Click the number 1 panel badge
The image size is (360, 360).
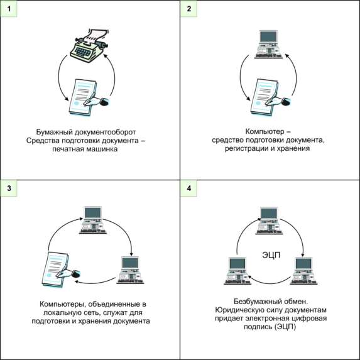coord(9,9)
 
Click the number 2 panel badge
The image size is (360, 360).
coord(188,9)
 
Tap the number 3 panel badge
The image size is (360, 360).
coord(9,188)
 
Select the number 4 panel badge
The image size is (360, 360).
coord(188,188)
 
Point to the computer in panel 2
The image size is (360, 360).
coord(269,45)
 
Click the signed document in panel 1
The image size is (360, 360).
coord(89,97)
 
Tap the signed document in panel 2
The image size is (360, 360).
coord(270,97)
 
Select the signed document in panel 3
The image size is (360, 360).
coord(61,270)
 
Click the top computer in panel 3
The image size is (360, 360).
coord(93,220)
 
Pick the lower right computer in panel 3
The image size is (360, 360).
coord(131,270)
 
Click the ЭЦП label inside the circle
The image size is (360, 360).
coord(271,255)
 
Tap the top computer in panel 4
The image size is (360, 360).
coord(270,221)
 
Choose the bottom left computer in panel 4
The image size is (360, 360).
coord(237,271)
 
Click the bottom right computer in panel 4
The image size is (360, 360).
coord(303,271)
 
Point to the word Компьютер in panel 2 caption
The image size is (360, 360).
coord(265,131)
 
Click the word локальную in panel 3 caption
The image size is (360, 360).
coord(60,312)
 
